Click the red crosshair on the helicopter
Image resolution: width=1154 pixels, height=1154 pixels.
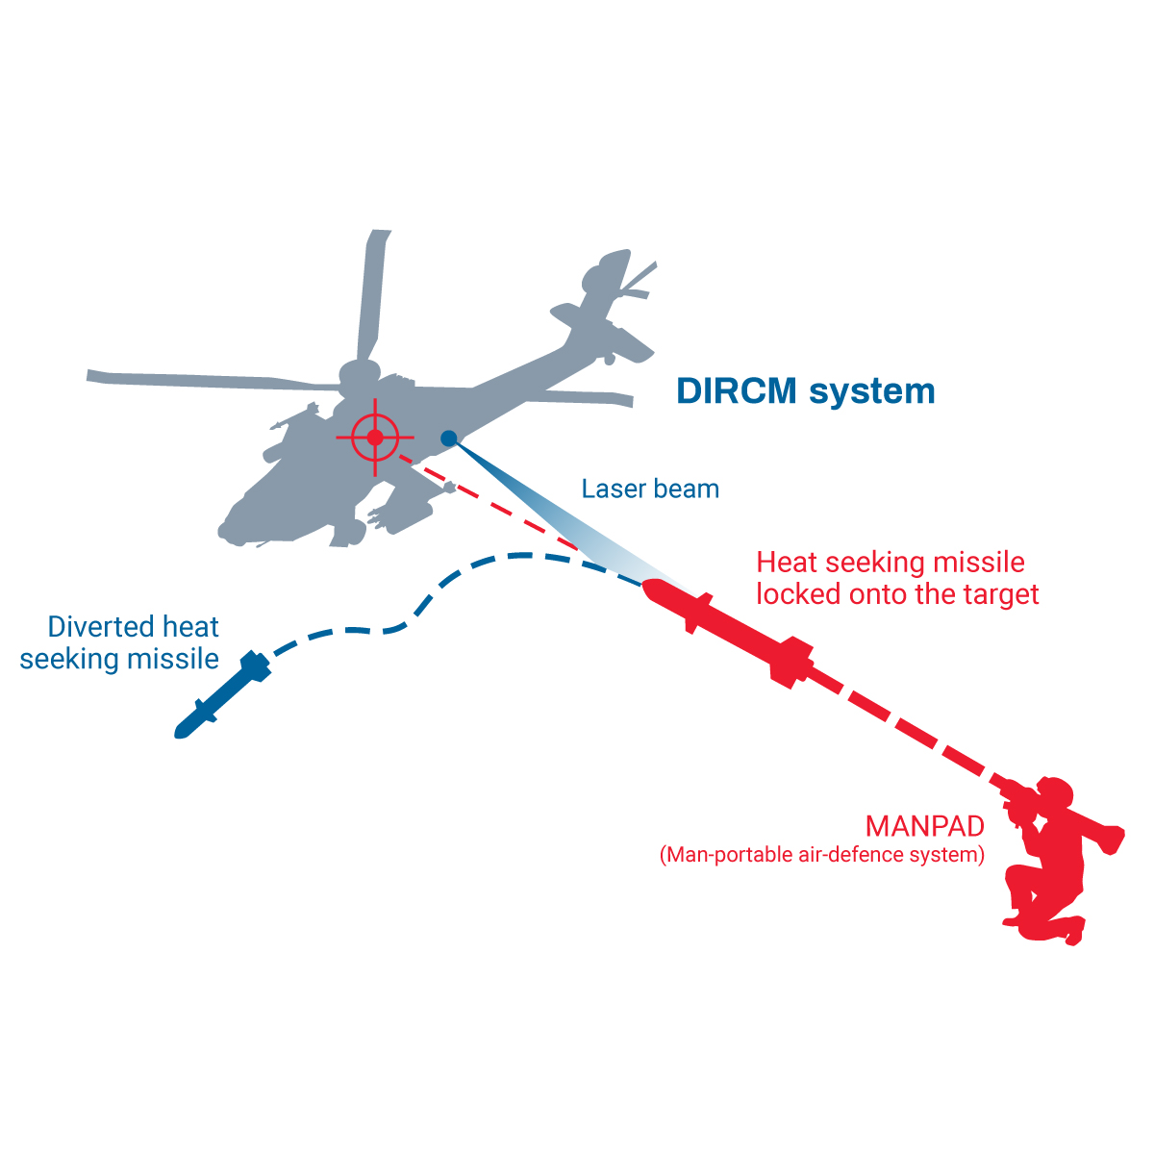click(x=375, y=438)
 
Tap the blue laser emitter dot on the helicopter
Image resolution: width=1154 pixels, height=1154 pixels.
click(x=448, y=439)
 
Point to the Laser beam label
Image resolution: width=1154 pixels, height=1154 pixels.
click(x=650, y=489)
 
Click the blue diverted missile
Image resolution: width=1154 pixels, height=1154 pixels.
click(x=222, y=694)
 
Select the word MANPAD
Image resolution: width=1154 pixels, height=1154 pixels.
click(x=925, y=826)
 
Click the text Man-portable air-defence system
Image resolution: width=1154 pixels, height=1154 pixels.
click(x=822, y=855)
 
